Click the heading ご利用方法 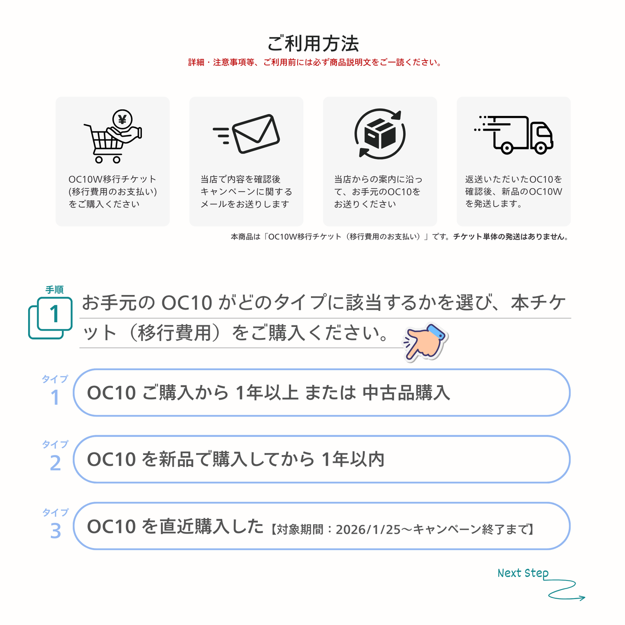pos(313,44)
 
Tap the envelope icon pos(255,134)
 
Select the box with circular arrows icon pos(380,134)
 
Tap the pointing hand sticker pos(425,342)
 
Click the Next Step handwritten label pos(522,573)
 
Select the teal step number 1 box pos(54,314)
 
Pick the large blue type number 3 pos(55,531)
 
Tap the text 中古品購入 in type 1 pos(406,393)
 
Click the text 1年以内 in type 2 pos(353,459)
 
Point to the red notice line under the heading pos(315,63)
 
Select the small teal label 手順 pos(54,290)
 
